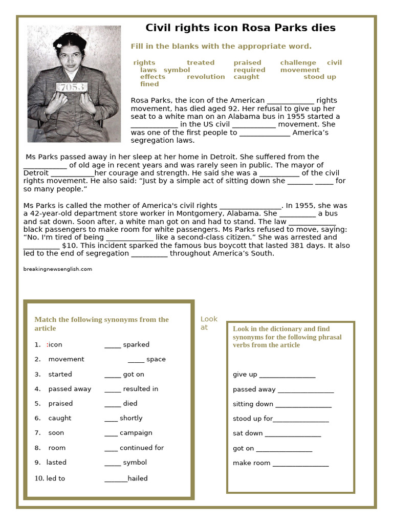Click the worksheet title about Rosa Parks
tap(241, 28)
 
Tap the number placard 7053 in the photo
tap(72, 87)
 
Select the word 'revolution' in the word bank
tap(206, 77)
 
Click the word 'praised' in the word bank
tap(247, 62)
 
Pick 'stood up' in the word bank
tap(320, 77)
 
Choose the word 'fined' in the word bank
tap(149, 84)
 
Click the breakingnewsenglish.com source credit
tap(58, 269)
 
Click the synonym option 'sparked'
tap(136, 344)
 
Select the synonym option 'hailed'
tap(138, 478)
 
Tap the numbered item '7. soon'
tap(50, 433)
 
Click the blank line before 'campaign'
tap(111, 433)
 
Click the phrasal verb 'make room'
tap(251, 463)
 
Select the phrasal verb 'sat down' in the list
tap(248, 433)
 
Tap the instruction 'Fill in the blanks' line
tap(221, 47)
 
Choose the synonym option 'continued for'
tap(142, 448)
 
